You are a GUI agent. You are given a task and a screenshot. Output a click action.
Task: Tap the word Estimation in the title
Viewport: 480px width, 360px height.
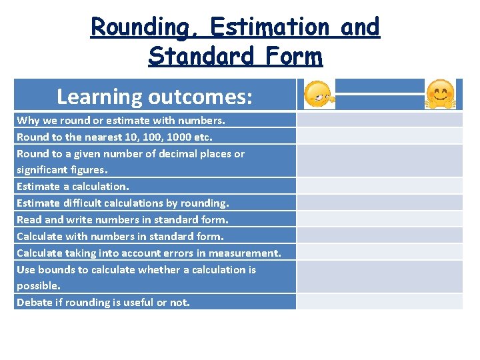coord(269,27)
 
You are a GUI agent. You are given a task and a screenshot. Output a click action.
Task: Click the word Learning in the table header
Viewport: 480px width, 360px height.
coord(99,97)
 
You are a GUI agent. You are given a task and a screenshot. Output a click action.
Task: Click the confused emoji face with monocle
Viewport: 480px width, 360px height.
coord(318,95)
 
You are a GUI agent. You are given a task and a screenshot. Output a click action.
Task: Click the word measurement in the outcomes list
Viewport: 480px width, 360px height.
coord(251,253)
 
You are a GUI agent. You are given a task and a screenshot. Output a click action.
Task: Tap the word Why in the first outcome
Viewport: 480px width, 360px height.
coord(27,121)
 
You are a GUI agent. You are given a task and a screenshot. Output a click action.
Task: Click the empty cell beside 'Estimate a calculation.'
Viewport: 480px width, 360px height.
coord(379,186)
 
